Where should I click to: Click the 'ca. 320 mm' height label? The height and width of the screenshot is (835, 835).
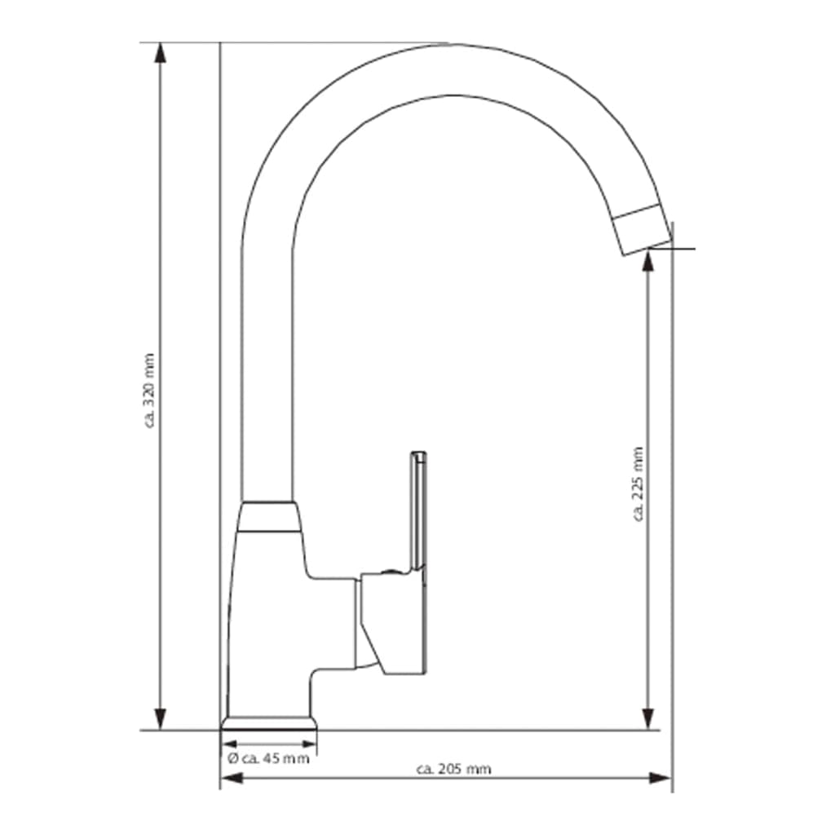(148, 389)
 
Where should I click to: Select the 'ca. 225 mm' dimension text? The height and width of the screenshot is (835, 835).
(638, 483)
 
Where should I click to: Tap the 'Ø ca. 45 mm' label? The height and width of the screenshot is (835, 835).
(269, 758)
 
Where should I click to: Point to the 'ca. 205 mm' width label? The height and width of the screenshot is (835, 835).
(453, 769)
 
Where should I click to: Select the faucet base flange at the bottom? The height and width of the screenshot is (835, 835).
(269, 723)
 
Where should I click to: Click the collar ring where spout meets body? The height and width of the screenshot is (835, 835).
(268, 516)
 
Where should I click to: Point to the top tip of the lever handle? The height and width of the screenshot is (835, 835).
(418, 453)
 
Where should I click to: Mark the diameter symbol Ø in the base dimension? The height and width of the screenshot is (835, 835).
(232, 758)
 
